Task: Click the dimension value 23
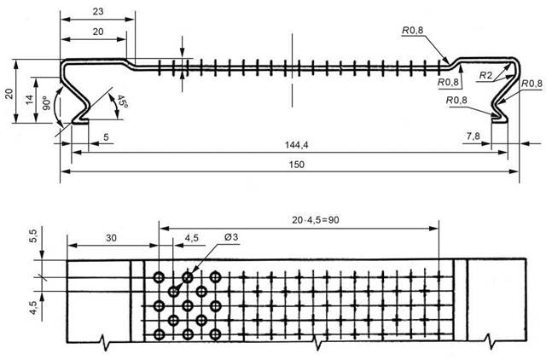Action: [x=97, y=13]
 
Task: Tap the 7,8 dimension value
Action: [x=473, y=135]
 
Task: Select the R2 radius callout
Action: [x=485, y=76]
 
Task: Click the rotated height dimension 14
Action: [x=29, y=101]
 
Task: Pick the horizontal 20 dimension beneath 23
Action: [x=98, y=31]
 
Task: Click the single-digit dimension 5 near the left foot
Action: [x=105, y=136]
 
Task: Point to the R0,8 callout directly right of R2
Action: [x=531, y=84]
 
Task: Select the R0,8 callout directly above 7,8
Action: [x=456, y=101]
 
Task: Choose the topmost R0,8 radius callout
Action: [x=413, y=31]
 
